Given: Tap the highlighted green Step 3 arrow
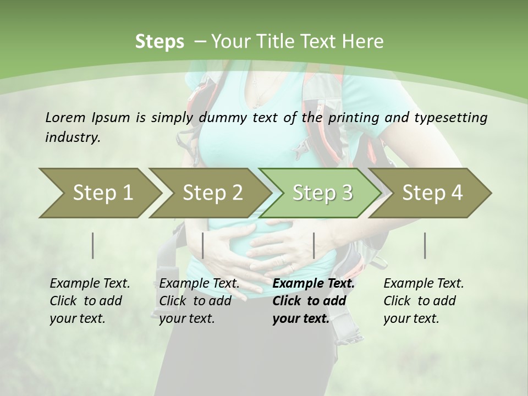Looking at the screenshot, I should pyautogui.click(x=322, y=193).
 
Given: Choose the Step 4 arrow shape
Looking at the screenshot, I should pyautogui.click(x=432, y=193).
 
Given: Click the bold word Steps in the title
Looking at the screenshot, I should pyautogui.click(x=159, y=42).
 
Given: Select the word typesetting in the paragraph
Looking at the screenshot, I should pyautogui.click(x=454, y=118).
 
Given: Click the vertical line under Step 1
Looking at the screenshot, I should pyautogui.click(x=92, y=245).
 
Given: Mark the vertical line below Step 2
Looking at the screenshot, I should pyautogui.click(x=203, y=245).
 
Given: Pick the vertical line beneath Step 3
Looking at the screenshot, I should pyautogui.click(x=313, y=245).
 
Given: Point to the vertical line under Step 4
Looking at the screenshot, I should pyautogui.click(x=425, y=245).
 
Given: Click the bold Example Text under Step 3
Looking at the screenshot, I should pyautogui.click(x=313, y=284).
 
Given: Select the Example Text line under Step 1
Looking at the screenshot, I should pyautogui.click(x=90, y=284).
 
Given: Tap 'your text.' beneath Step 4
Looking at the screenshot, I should pyautogui.click(x=411, y=318).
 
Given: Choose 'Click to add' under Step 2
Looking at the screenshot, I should pyautogui.click(x=195, y=301).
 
